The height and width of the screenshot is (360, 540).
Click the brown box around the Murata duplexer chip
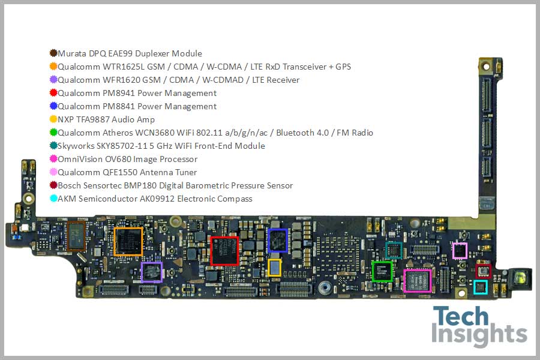pos(76,235)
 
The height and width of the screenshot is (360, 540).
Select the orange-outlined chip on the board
pos(128,242)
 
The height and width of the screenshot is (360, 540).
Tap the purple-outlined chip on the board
pos(151,272)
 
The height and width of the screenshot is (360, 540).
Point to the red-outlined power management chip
pos(224,251)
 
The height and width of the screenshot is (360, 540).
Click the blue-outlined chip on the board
pos(278,240)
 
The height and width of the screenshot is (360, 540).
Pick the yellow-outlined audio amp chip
pos(274,268)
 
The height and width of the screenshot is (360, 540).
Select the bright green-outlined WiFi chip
pos(382,271)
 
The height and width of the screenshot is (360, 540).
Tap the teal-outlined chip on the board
pos(394,250)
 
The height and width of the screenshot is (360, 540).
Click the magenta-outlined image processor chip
pos(418,281)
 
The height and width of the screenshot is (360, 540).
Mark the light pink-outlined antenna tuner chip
pos(460,250)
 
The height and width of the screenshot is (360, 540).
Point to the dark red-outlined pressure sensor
pos(484,271)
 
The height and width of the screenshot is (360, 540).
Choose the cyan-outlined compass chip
pos(481,287)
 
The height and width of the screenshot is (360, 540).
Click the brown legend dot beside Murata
pos(53,53)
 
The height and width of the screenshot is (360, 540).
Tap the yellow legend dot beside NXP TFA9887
pos(53,119)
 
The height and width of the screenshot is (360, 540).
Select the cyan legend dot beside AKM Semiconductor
pos(53,199)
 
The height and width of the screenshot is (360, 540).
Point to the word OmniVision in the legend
pos(79,159)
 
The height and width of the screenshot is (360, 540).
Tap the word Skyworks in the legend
pos(76,146)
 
